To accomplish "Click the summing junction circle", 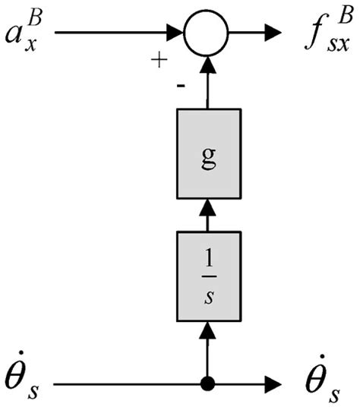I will tap(207, 33).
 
